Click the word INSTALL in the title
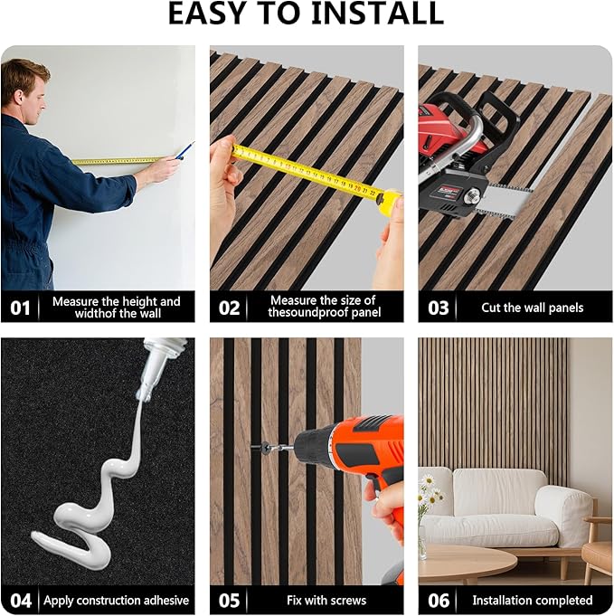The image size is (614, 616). (377, 14)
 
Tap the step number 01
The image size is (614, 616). (20, 308)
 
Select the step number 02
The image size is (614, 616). (229, 308)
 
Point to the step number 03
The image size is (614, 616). (438, 308)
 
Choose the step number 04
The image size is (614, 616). (21, 601)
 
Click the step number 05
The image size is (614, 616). (229, 601)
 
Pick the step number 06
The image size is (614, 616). (439, 601)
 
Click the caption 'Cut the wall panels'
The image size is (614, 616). (533, 308)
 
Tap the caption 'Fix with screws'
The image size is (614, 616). (326, 601)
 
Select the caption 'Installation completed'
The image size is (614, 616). (533, 601)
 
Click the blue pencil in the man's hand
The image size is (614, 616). (184, 150)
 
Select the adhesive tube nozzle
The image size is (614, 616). (148, 376)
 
